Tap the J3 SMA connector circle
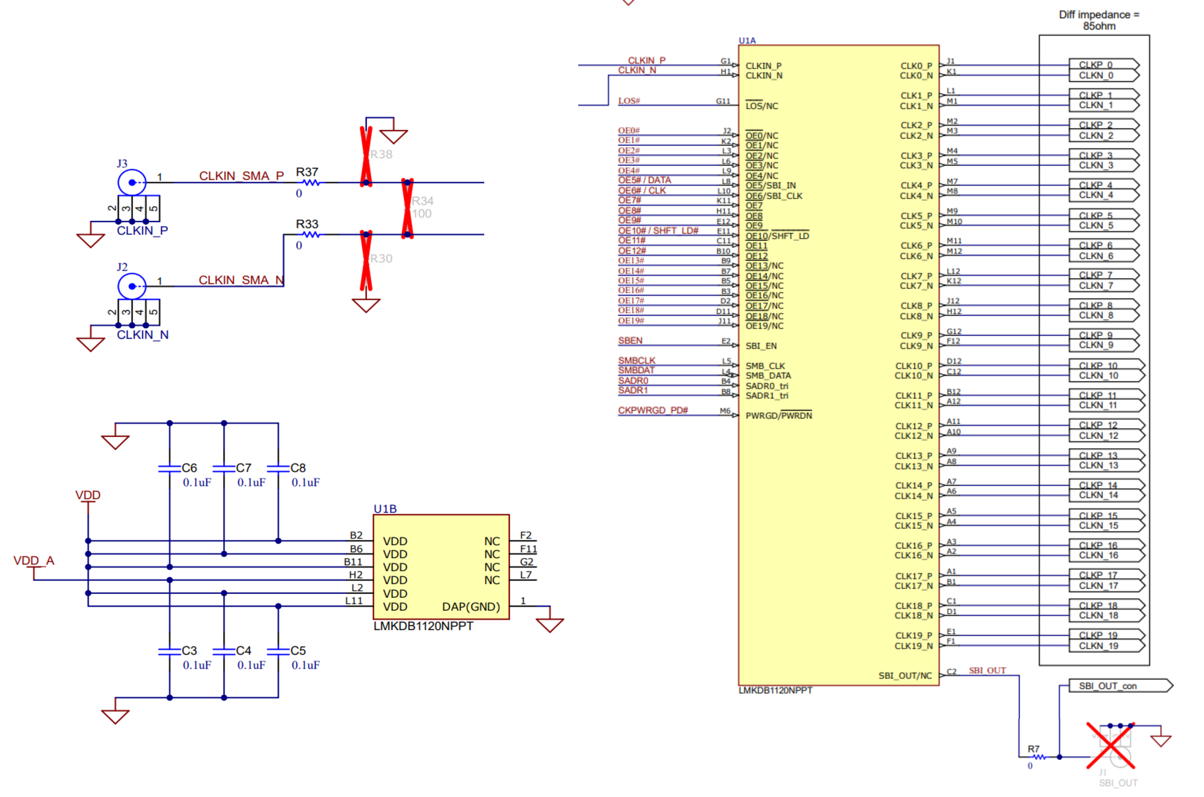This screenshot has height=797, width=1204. [x=132, y=183]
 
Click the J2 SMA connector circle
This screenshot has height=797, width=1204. [x=132, y=287]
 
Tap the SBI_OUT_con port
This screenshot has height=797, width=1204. [x=1119, y=686]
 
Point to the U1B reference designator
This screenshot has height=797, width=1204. [x=385, y=509]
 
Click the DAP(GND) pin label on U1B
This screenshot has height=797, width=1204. [x=471, y=607]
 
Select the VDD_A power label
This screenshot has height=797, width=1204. [x=34, y=561]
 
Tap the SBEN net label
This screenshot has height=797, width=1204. [x=630, y=341]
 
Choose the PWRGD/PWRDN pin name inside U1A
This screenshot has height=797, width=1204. [x=778, y=416]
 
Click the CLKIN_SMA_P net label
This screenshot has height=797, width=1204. [x=241, y=176]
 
